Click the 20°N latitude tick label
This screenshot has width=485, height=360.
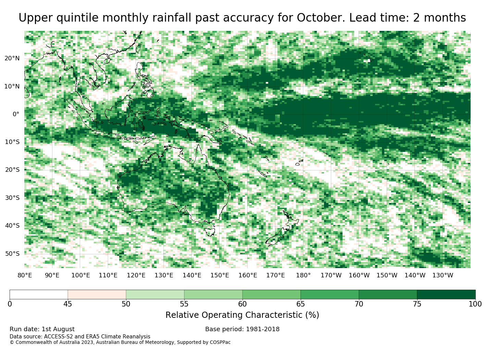point(12,58)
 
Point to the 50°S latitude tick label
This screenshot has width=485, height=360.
point(12,254)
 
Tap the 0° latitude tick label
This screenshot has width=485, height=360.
point(16,114)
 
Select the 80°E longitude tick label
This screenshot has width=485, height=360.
point(25,275)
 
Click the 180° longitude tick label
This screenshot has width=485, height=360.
point(303,275)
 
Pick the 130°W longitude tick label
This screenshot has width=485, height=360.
point(443,275)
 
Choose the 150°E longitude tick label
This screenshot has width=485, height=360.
point(220,275)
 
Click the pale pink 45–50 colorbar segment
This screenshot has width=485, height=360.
point(97,295)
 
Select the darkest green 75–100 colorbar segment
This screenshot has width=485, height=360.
point(446,295)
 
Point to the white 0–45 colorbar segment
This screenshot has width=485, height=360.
point(39,295)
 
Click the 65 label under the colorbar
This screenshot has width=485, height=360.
point(300,304)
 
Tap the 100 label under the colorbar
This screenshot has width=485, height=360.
point(475,304)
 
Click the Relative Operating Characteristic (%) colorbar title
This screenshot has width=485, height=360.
point(242,315)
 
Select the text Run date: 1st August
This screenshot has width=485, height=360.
point(42,329)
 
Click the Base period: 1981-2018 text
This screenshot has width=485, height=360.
point(242,329)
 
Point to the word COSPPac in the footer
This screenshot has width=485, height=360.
point(220,342)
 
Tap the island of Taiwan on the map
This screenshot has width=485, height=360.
point(139,48)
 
